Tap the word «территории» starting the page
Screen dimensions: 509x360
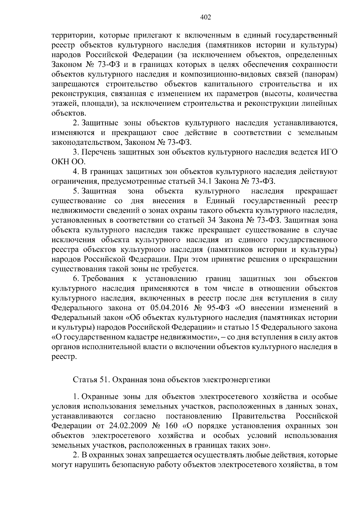(71, 35)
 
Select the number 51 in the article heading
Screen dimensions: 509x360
(101, 380)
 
